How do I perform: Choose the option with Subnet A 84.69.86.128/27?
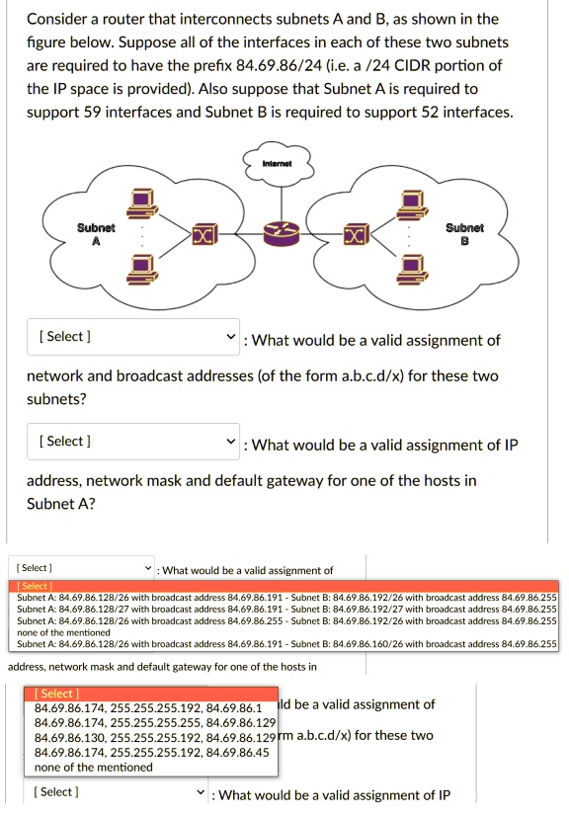[286, 610]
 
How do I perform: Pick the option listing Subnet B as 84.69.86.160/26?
[286, 644]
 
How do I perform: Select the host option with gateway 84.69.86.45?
[151, 752]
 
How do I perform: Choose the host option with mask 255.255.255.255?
[154, 723]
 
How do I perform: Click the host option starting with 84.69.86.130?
[154, 738]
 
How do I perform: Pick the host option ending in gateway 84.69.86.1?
[147, 709]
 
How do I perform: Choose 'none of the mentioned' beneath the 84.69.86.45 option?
[93, 767]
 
